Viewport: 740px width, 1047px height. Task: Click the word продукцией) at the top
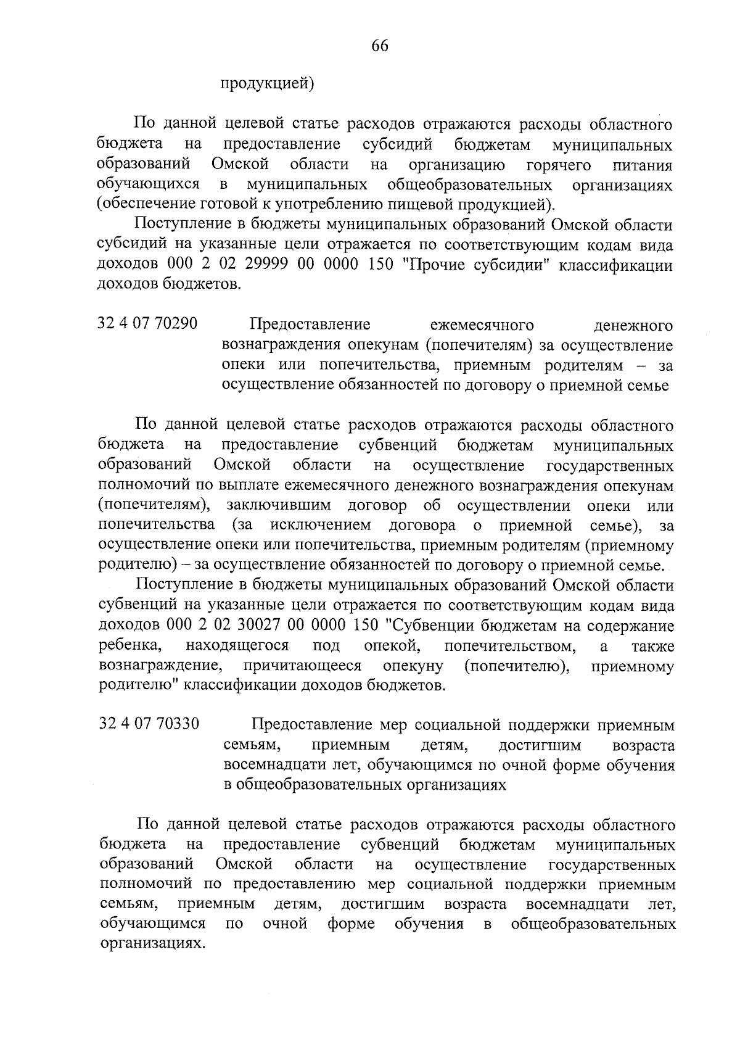coord(268,83)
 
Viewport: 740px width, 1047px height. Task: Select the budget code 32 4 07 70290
coord(148,323)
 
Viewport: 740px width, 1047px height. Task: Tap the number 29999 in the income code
coord(255,266)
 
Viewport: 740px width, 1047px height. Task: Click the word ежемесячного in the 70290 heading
coord(482,325)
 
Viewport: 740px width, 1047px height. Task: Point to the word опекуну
coord(413,666)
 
